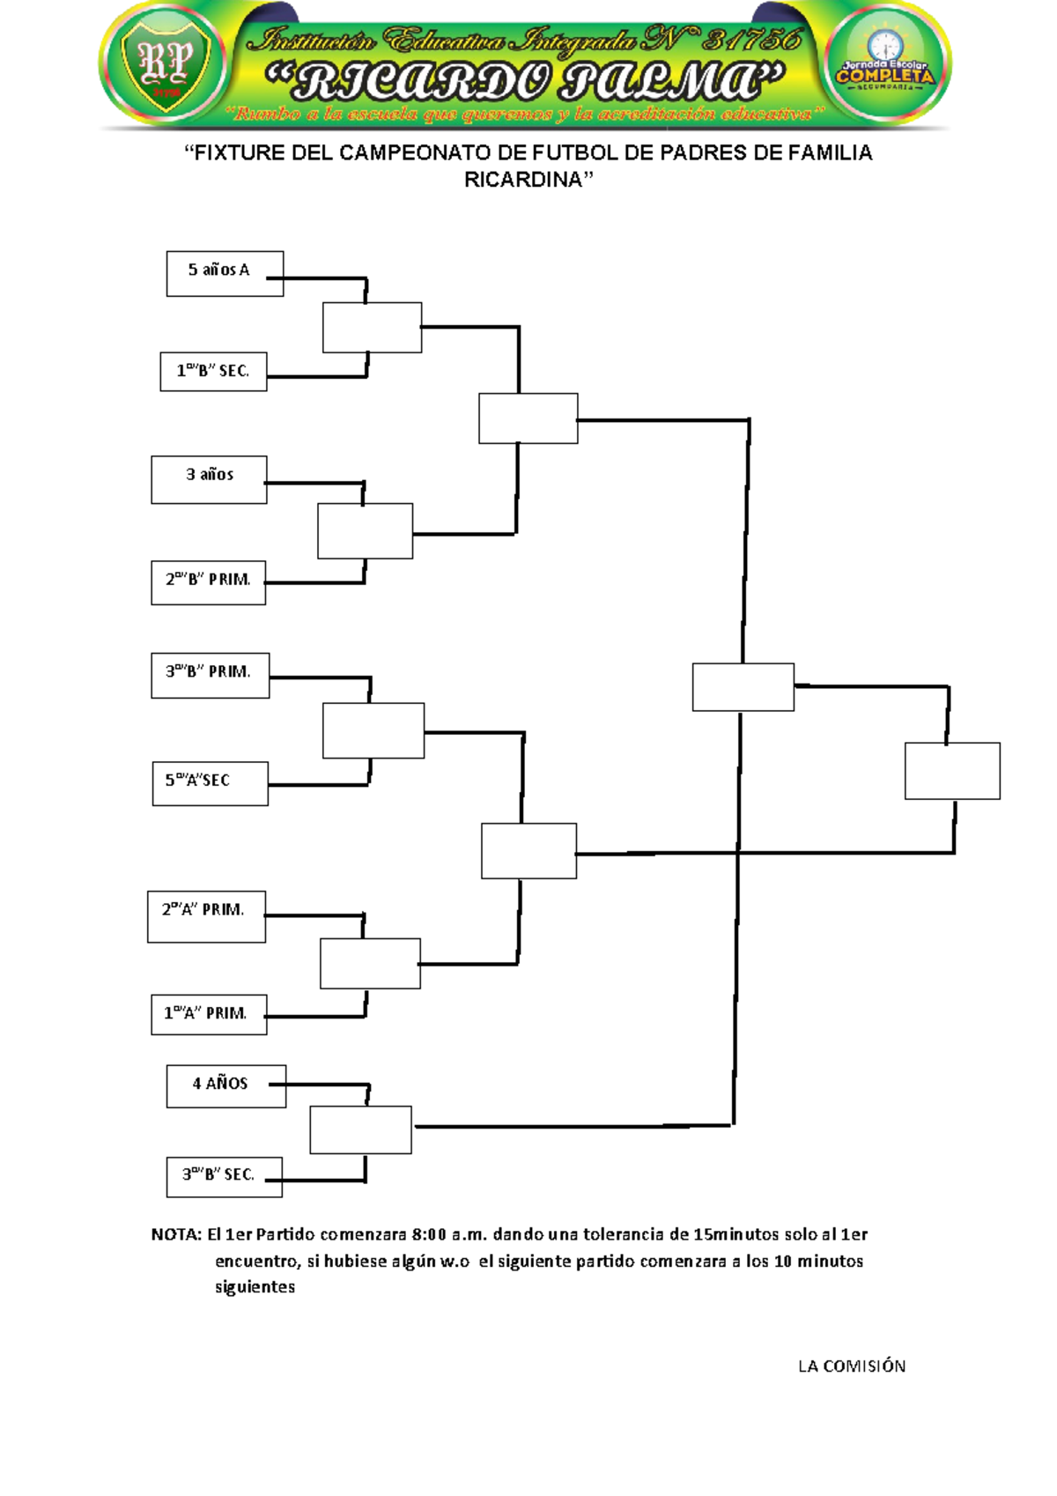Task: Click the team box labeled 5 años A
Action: [225, 273]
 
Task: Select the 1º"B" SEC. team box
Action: [213, 371]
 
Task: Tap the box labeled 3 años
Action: [209, 479]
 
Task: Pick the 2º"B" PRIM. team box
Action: [208, 582]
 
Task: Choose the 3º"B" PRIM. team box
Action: [210, 675]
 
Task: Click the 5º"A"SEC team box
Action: [210, 783]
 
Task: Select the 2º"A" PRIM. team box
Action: [206, 916]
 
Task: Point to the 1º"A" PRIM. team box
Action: [208, 1014]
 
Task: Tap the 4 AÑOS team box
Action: [225, 1085]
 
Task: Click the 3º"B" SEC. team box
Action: [224, 1176]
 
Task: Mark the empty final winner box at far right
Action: [952, 771]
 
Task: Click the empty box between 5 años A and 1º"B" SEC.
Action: [372, 328]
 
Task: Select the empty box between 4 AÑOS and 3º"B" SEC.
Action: [360, 1129]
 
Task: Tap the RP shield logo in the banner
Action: [167, 64]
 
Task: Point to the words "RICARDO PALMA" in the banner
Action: [526, 82]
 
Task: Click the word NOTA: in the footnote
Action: [177, 1234]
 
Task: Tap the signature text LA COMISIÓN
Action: [851, 1366]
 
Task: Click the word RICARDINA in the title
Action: [523, 180]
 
